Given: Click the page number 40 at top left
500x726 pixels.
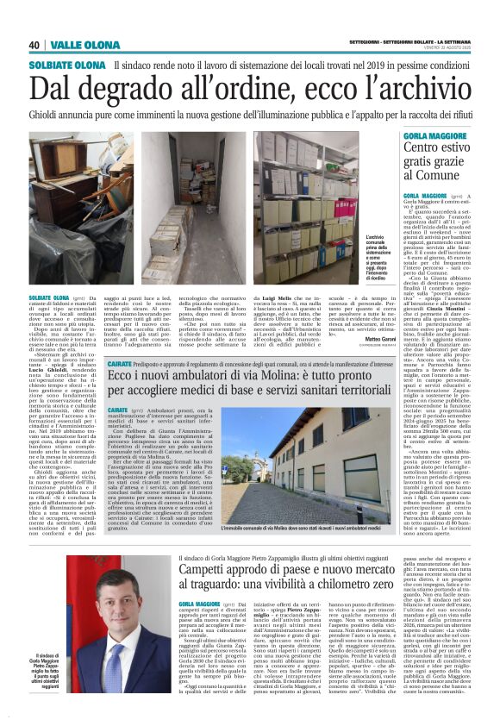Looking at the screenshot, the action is coord(35,45).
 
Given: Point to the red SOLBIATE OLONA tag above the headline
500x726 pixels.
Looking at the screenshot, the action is coord(67,66).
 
